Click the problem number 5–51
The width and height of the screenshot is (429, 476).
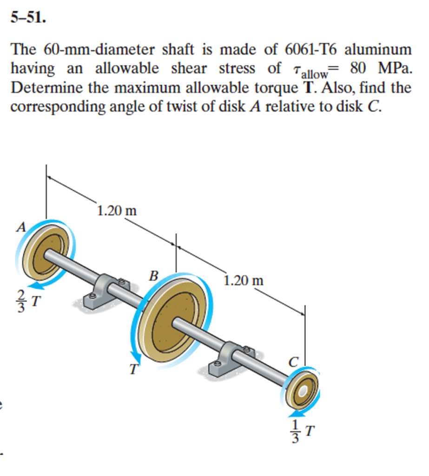(28, 19)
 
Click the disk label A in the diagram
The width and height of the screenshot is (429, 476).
(20, 227)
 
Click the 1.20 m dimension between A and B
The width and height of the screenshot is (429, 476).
(117, 210)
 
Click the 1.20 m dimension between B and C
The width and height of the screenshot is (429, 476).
(243, 281)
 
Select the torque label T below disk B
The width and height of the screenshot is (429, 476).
(134, 370)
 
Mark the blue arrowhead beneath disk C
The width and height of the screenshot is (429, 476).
(291, 413)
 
